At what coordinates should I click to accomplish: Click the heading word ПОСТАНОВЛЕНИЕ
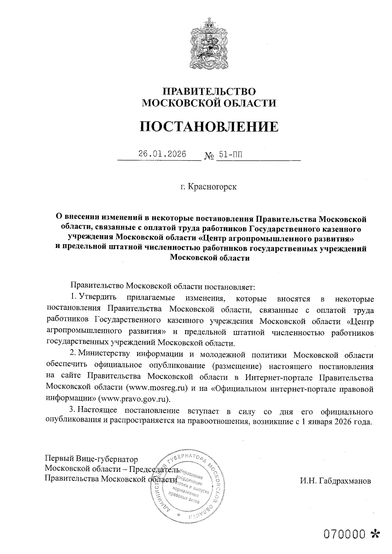pos(209,126)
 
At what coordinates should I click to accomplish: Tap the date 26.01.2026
pos(162,154)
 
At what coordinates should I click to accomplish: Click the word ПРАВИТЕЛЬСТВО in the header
pos(209,91)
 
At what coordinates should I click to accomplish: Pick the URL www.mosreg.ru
pos(158,388)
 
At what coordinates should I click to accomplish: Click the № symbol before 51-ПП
pos(209,156)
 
